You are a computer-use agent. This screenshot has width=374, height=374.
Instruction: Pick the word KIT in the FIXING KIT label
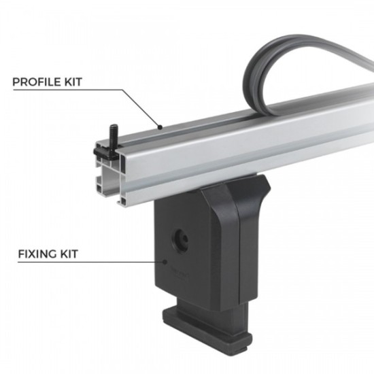click(69, 254)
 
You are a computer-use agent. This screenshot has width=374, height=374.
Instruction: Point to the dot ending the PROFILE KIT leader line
click(160, 126)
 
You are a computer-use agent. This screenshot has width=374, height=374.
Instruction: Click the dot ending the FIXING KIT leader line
click(165, 260)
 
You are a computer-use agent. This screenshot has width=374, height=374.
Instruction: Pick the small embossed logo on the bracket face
click(184, 271)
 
